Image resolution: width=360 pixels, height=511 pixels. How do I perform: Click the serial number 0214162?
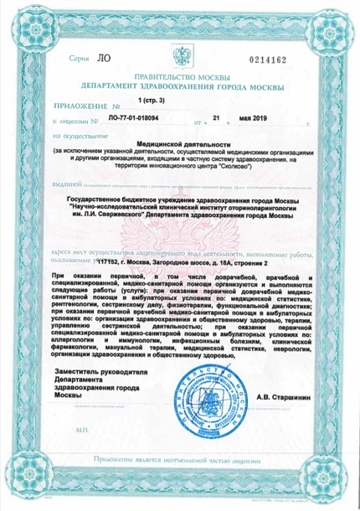click(x=287, y=60)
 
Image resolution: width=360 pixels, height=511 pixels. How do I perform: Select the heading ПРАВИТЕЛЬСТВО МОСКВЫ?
click(x=181, y=77)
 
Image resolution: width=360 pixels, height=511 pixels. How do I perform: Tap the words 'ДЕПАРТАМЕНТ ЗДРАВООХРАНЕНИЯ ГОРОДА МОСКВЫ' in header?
click(x=182, y=86)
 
